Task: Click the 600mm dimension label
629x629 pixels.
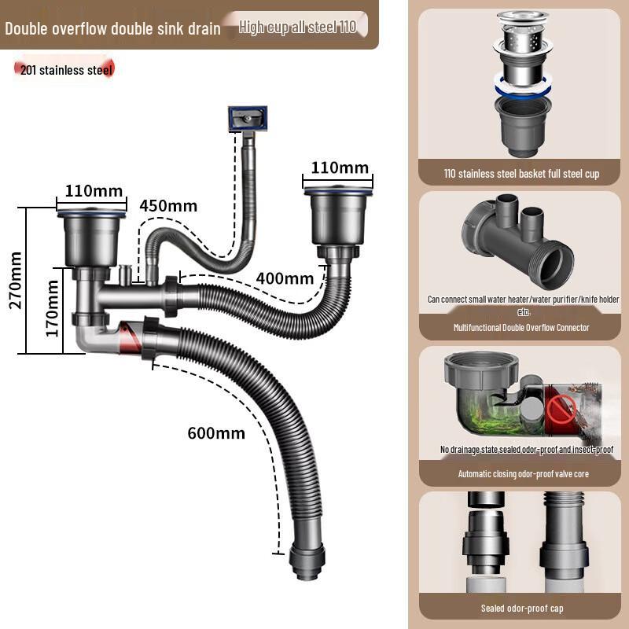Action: click(216, 433)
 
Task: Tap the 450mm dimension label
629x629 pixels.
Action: click(168, 206)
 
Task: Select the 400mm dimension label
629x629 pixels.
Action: click(285, 278)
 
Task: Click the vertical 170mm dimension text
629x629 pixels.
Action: click(53, 309)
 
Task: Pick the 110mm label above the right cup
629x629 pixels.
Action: click(339, 167)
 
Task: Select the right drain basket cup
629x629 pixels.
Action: click(338, 213)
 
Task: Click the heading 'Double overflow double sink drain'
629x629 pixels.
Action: click(112, 29)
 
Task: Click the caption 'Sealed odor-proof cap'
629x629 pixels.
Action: click(521, 608)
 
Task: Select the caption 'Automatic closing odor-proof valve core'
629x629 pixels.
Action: click(523, 474)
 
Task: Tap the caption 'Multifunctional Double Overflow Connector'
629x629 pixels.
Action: click(521, 327)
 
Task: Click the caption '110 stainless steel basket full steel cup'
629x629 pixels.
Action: click(521, 174)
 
